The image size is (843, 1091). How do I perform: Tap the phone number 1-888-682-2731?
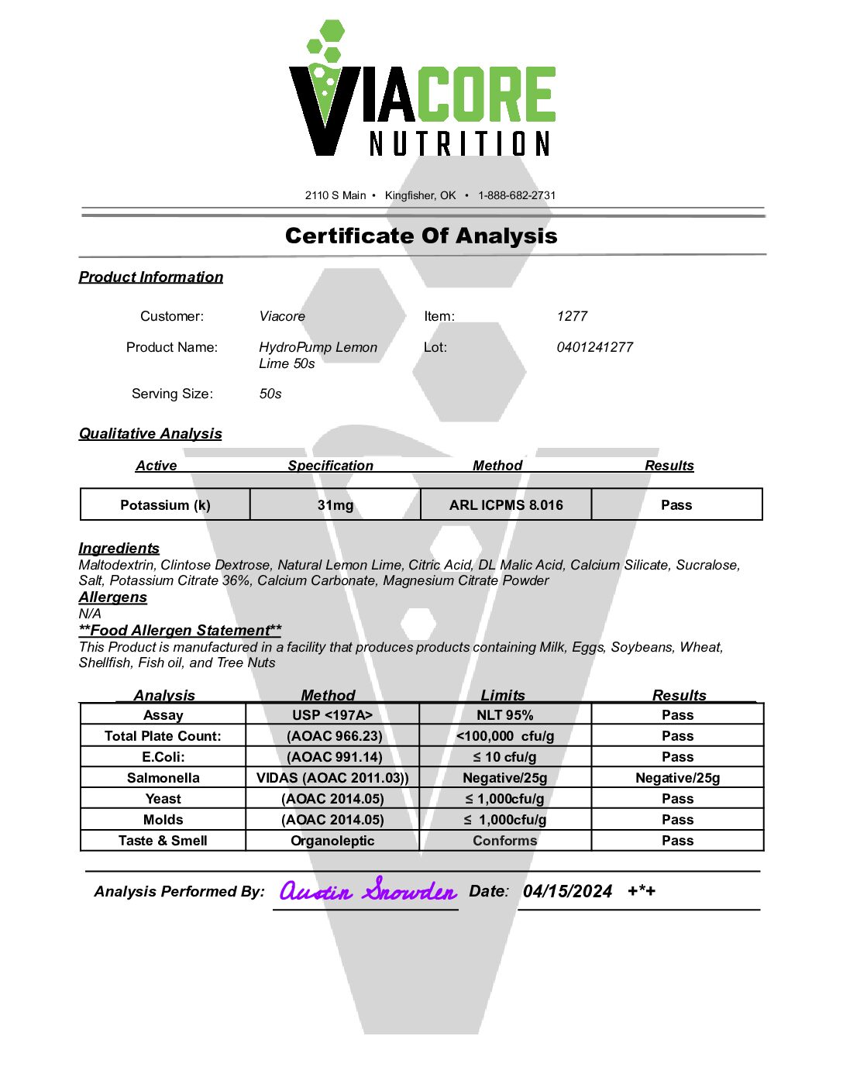[517, 195]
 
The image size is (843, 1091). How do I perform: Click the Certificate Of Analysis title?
[421, 236]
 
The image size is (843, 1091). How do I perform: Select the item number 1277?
[572, 316]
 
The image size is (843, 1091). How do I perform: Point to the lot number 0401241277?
[594, 347]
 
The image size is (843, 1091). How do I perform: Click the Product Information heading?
[151, 277]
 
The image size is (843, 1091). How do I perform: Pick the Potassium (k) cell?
[165, 505]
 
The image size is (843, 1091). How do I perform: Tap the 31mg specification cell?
[335, 505]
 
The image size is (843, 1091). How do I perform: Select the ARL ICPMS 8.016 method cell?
[506, 505]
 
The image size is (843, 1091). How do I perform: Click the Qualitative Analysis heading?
[150, 434]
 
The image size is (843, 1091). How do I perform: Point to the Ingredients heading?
[119, 549]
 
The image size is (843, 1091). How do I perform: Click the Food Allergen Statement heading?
[180, 631]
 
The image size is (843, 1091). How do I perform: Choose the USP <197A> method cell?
[332, 715]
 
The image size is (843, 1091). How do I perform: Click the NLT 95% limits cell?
[504, 715]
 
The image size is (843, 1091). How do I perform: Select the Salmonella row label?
[163, 778]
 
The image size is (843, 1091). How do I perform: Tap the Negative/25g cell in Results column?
[677, 778]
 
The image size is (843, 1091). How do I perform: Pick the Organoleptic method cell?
[332, 841]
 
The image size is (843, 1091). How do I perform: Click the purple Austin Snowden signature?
[368, 891]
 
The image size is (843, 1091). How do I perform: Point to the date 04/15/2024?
[567, 891]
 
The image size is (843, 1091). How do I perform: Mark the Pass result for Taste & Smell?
[677, 841]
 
